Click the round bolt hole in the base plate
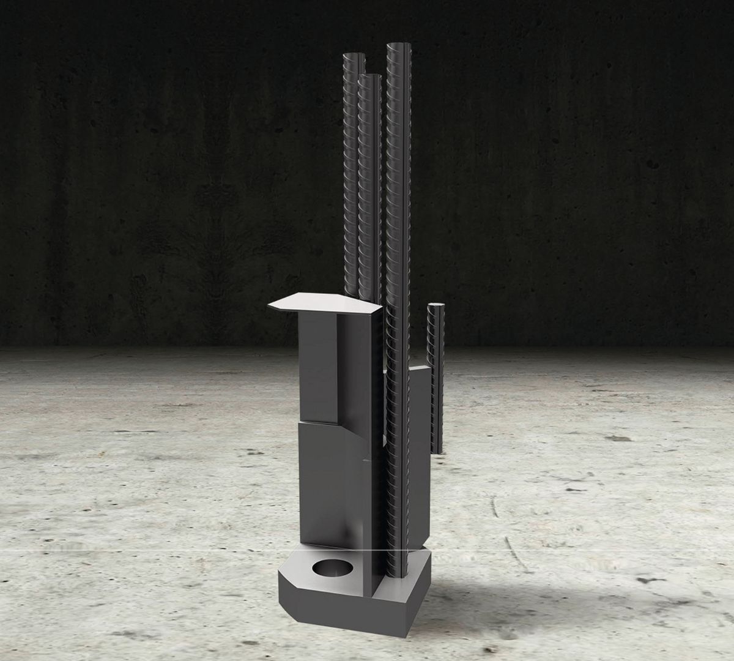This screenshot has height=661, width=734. tap(331, 569)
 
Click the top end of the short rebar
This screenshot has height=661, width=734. tap(436, 307)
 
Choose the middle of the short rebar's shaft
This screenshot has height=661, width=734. tap(436, 379)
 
